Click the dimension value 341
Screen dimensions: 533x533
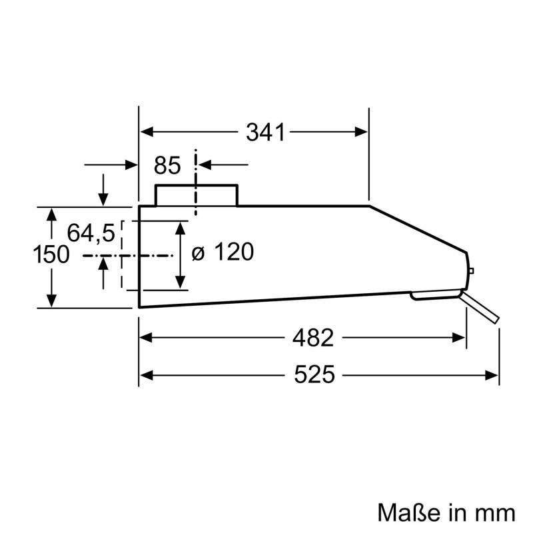(265, 133)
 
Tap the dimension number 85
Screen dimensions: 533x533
(168, 165)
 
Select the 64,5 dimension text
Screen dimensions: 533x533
(91, 233)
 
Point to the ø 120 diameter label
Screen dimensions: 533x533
(223, 253)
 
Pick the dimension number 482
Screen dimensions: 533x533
(312, 338)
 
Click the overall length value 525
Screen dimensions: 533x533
(314, 375)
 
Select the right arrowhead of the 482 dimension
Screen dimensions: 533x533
(459, 338)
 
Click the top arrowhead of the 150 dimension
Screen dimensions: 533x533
(51, 213)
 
